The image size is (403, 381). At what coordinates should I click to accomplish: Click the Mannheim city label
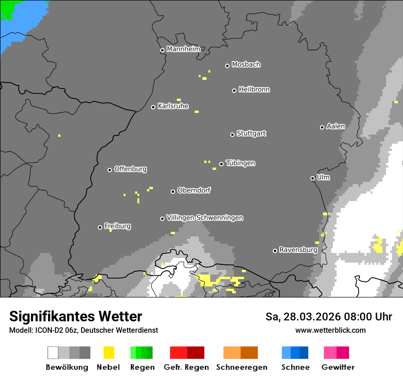point(183,49)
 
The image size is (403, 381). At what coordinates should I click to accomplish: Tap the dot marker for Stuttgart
point(232,134)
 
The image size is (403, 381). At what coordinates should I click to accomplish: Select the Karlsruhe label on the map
point(173,106)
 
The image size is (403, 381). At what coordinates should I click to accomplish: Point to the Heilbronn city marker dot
point(234,90)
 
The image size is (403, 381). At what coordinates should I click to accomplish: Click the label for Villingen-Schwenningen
point(205,218)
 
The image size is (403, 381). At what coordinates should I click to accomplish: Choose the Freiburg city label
point(117,226)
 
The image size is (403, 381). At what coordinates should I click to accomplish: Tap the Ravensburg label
point(298,250)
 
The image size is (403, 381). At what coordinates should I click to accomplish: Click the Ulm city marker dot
point(312,178)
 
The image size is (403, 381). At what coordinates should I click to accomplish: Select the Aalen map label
point(336,126)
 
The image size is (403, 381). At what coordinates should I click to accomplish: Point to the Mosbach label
point(246,65)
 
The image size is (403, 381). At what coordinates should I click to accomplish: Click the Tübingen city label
point(240,163)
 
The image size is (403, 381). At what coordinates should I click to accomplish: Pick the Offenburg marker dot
point(109,170)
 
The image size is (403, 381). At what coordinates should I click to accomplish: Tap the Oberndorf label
point(194,190)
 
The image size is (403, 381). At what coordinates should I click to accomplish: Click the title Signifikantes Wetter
point(76,316)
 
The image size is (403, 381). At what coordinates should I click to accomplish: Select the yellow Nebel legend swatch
point(109,353)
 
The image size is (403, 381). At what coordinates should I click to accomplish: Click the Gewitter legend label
point(338,367)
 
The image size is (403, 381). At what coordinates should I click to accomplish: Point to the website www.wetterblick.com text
point(330,330)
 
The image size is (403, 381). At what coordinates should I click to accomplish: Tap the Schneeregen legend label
point(241,367)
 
